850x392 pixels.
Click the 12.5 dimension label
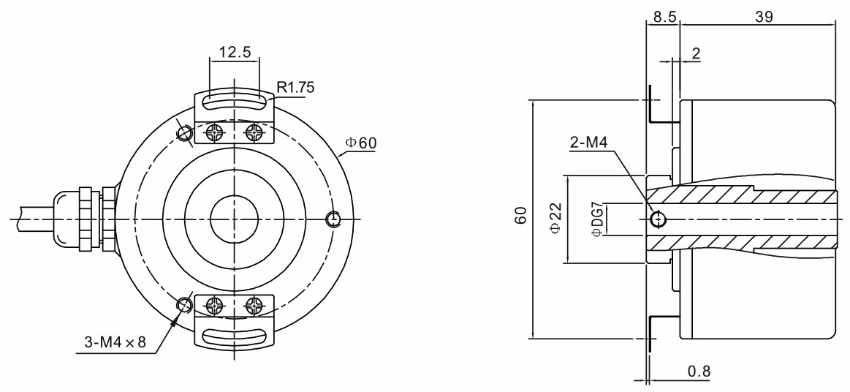coord(235,52)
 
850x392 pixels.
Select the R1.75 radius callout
coord(295,87)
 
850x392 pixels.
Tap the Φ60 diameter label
coord(360,143)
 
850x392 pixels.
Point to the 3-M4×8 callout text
coord(115,342)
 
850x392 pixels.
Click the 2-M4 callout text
coord(589,143)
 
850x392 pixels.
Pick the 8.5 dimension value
coord(664,17)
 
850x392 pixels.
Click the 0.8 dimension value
coord(699,372)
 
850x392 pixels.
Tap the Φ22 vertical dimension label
coord(555,219)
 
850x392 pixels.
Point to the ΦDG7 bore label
coord(596,219)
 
